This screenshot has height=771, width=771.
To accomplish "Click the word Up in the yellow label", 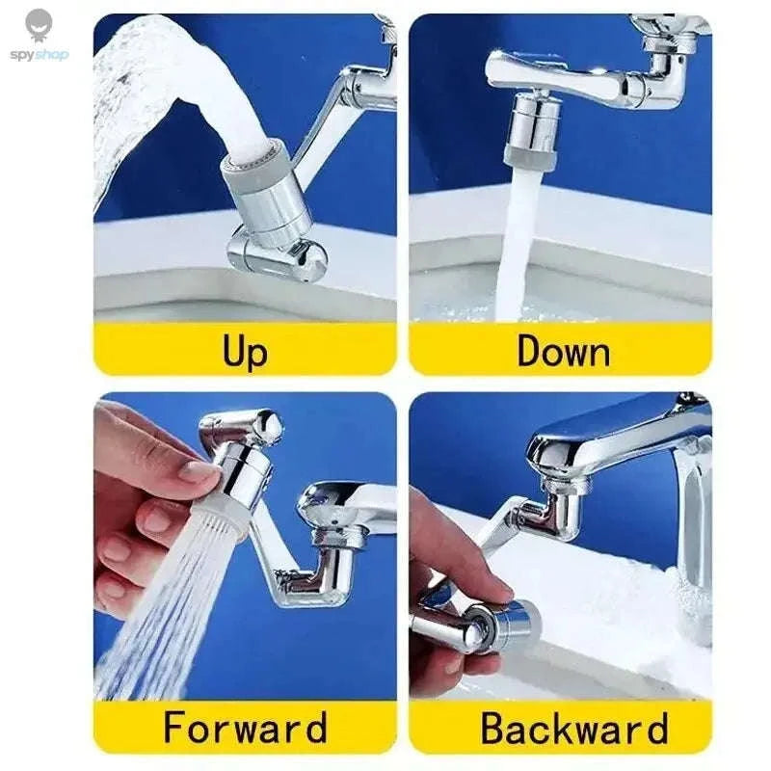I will (x=245, y=350).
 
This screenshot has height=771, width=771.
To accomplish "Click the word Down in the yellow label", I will (x=563, y=350).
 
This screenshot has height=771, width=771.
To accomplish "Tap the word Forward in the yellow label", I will (x=245, y=728).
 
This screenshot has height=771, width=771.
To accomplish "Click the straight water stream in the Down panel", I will (x=518, y=251).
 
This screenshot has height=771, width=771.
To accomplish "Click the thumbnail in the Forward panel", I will (x=199, y=471).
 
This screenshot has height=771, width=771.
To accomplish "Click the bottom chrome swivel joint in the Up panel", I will (x=275, y=255).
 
